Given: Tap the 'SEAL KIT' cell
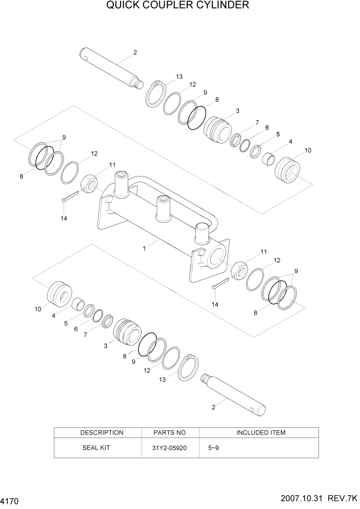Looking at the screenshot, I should click(96, 447).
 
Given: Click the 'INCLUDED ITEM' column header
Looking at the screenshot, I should click(261, 433).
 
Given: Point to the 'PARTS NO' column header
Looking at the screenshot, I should click(170, 433).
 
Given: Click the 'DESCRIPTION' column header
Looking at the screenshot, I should click(102, 433).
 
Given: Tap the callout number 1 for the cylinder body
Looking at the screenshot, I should click(145, 248).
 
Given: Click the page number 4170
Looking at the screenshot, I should click(11, 499).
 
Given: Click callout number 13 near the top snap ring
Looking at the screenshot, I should click(179, 76).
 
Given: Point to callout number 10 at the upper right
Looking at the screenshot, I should click(308, 150).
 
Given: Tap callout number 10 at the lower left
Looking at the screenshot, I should click(38, 309).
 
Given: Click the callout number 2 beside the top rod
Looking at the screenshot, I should click(135, 52).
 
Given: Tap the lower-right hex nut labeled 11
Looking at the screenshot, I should click(239, 269).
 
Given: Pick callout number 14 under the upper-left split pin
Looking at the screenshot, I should click(64, 218).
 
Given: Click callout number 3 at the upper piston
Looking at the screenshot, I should click(237, 111).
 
